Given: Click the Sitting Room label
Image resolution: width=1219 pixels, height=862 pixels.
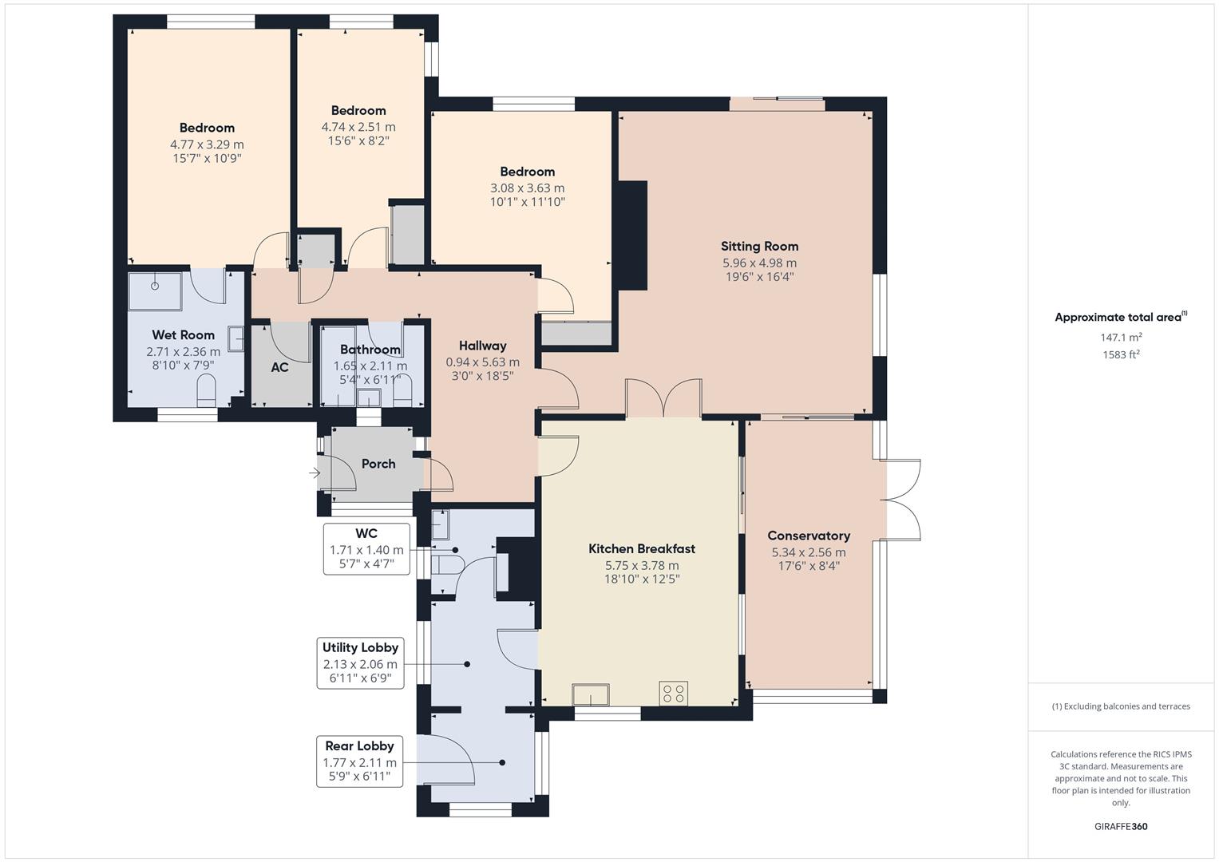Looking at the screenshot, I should pyautogui.click(x=759, y=247).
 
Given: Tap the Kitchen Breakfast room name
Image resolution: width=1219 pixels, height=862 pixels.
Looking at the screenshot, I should pyautogui.click(x=642, y=548).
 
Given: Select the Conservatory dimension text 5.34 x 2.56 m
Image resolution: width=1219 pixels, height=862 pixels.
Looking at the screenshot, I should pyautogui.click(x=808, y=552).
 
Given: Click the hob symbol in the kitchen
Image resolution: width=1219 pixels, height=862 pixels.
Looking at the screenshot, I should pyautogui.click(x=673, y=694).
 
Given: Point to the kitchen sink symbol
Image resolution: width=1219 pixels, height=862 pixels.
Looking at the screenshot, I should pyautogui.click(x=591, y=695).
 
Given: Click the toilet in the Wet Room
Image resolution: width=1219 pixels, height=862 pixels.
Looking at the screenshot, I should pyautogui.click(x=206, y=389).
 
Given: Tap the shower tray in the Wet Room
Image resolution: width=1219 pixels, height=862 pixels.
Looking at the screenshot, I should pyautogui.click(x=155, y=291).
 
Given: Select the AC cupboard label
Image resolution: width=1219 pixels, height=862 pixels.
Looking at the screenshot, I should pyautogui.click(x=279, y=367).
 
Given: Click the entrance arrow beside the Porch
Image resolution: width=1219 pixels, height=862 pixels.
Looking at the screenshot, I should pyautogui.click(x=315, y=473).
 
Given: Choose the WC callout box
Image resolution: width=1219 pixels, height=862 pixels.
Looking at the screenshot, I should pyautogui.click(x=366, y=549).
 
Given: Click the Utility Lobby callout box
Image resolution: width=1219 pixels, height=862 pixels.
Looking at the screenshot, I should pyautogui.click(x=360, y=663).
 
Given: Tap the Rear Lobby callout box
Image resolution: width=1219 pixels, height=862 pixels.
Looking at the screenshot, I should pyautogui.click(x=359, y=761).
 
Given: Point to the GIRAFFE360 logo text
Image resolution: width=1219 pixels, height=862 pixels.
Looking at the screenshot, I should pyautogui.click(x=1121, y=826).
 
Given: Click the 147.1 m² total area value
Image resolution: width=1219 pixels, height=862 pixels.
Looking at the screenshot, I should pyautogui.click(x=1121, y=338).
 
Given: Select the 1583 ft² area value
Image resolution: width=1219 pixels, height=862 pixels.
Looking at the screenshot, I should pyautogui.click(x=1121, y=354).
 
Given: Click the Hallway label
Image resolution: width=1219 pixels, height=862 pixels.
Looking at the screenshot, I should pyautogui.click(x=482, y=346).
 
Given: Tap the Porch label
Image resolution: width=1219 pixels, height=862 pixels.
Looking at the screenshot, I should pyautogui.click(x=378, y=464).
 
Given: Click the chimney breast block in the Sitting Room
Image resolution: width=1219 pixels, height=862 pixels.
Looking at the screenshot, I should pyautogui.click(x=632, y=235).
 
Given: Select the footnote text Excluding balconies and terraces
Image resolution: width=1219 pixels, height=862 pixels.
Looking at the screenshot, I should pyautogui.click(x=1121, y=706).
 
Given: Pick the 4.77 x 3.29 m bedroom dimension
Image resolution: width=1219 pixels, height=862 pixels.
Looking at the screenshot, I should pyautogui.click(x=207, y=144).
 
